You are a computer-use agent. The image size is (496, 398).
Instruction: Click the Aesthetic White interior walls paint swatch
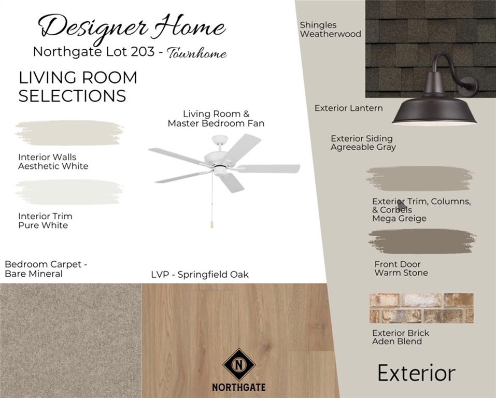click(x=69, y=133)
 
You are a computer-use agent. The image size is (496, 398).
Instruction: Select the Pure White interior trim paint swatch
click(x=69, y=192)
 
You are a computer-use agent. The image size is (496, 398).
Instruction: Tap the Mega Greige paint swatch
click(x=420, y=179)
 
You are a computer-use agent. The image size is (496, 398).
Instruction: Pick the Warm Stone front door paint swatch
click(x=422, y=241)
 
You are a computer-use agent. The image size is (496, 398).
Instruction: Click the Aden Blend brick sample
click(x=421, y=308)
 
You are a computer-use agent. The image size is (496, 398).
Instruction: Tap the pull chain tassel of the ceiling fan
click(x=211, y=224)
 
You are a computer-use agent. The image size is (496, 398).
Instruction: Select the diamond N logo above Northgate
click(x=239, y=364)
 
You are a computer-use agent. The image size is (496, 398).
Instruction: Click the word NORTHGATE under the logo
click(x=239, y=387)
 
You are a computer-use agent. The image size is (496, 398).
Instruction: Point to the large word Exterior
click(x=416, y=373)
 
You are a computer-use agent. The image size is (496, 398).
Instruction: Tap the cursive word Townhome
click(x=197, y=53)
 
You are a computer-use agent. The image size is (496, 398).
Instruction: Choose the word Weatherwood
click(x=331, y=34)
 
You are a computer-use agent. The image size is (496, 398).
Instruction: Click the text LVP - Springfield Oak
click(x=200, y=275)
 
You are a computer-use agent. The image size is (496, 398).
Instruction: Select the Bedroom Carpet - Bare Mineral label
click(x=46, y=269)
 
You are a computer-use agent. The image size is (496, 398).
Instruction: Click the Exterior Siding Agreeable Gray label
click(x=363, y=143)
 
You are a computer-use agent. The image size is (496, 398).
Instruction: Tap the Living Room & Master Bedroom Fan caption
click(x=216, y=118)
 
